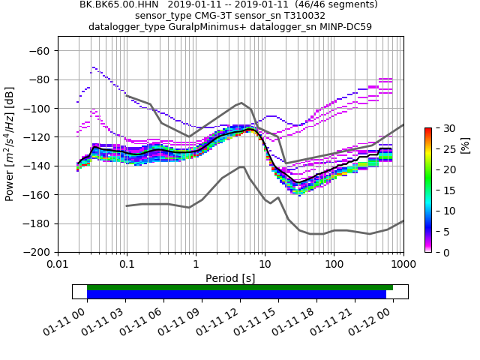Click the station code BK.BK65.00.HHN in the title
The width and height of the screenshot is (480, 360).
(116, 4)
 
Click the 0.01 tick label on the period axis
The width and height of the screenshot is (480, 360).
(58, 264)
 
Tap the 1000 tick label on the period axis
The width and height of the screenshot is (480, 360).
(403, 264)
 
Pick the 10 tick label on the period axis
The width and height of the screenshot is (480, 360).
(265, 264)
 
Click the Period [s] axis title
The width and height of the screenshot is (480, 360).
(230, 278)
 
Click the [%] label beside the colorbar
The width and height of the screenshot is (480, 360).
(465, 145)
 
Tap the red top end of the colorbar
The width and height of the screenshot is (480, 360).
(427, 130)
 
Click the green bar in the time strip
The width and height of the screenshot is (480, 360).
(240, 287)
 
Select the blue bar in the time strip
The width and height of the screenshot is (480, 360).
(236, 295)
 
